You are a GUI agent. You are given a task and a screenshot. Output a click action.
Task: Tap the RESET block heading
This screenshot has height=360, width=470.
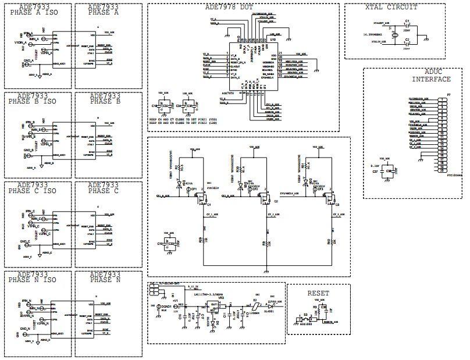(318, 293)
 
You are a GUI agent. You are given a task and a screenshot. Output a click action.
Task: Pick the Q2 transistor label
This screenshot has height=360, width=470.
(276, 201)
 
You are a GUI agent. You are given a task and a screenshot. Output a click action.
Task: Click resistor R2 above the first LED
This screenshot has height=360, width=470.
(192, 167)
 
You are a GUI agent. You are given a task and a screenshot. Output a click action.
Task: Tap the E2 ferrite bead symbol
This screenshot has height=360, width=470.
(254, 307)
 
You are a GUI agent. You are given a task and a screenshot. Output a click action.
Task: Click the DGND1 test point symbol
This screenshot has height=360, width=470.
(158, 306)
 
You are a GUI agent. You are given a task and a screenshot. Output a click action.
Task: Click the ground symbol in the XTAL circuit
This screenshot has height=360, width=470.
(427, 39)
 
